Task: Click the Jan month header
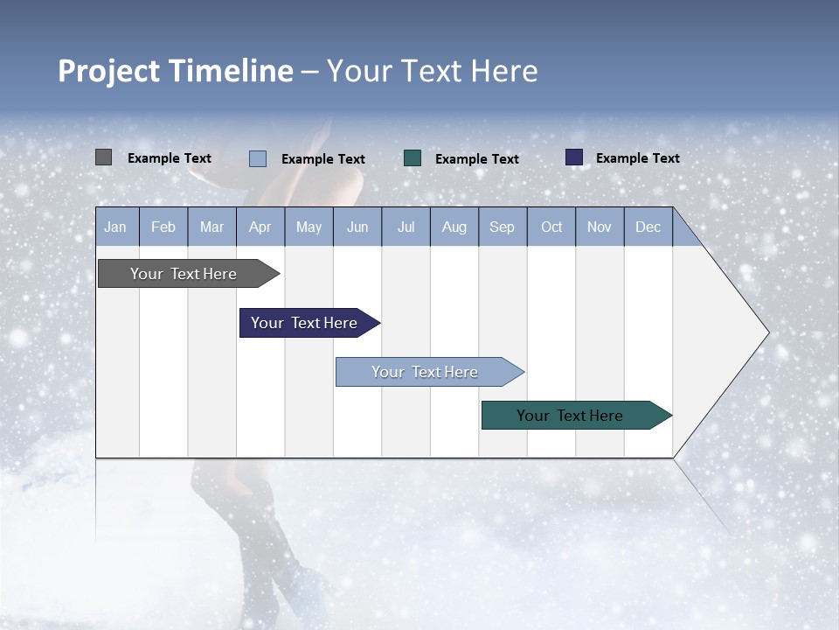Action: pos(116,227)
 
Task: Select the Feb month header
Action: pos(163,227)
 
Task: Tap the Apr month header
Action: pos(260,227)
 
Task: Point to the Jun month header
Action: pos(357,227)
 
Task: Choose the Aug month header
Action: pos(454,227)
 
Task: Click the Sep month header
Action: pos(503,227)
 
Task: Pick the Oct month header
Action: pos(551,227)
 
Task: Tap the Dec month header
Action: pos(648,227)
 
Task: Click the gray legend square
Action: pos(103,157)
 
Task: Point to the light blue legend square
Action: pos(258,158)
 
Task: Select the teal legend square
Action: pos(413,157)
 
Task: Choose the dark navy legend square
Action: pos(574,157)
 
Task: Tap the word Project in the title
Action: pos(108,71)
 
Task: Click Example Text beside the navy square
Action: pos(637,158)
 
